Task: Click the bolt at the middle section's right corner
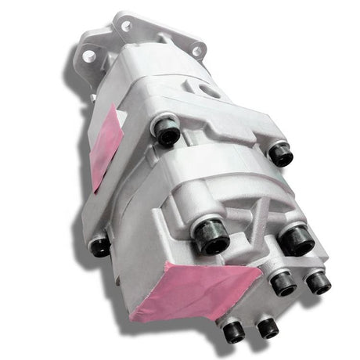(280, 153)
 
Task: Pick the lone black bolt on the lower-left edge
(99, 246)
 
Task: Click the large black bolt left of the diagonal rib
(211, 235)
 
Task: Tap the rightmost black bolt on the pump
(319, 282)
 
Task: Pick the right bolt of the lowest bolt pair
(268, 327)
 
